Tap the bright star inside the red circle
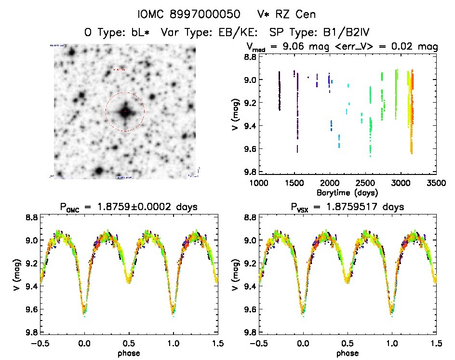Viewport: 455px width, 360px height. click(x=125, y=112)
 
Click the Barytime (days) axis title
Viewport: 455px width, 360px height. click(x=347, y=192)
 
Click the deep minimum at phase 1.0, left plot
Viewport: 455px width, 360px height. click(x=173, y=311)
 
